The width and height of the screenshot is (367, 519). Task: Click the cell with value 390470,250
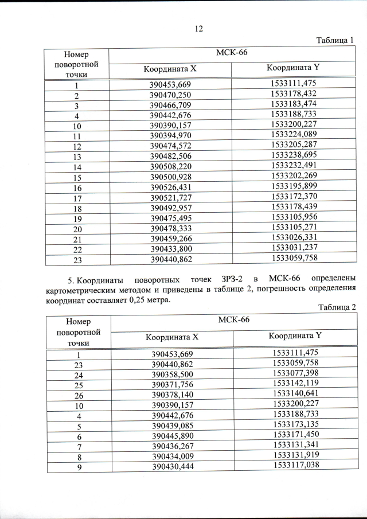pyautogui.click(x=170, y=95)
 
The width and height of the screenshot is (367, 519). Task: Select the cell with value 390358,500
pyautogui.click(x=171, y=374)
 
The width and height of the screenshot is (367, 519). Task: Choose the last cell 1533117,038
pyautogui.click(x=294, y=466)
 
